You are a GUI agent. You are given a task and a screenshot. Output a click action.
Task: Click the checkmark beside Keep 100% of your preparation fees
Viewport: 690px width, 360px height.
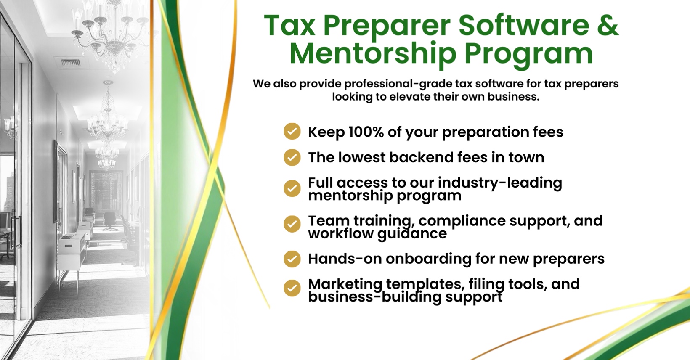292,132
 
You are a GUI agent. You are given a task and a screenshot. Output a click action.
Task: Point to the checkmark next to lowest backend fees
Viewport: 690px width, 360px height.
292,157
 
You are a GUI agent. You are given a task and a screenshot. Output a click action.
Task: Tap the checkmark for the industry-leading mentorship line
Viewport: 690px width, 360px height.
292,188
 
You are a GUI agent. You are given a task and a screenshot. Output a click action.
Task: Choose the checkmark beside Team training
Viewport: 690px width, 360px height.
292,224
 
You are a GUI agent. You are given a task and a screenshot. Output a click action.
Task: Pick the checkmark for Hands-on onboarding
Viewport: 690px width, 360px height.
292,259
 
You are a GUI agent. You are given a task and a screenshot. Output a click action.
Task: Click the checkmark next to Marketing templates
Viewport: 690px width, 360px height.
292,288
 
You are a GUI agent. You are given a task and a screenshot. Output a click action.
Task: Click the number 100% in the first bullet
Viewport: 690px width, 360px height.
366,132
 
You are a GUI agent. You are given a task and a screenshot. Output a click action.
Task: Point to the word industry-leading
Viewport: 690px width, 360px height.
500,183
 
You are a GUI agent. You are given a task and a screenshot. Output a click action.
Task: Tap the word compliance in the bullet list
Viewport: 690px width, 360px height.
462,221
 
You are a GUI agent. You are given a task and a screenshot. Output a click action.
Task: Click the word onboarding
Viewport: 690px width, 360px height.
428,259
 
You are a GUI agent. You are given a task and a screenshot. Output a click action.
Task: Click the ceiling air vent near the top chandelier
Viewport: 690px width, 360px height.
70,63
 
